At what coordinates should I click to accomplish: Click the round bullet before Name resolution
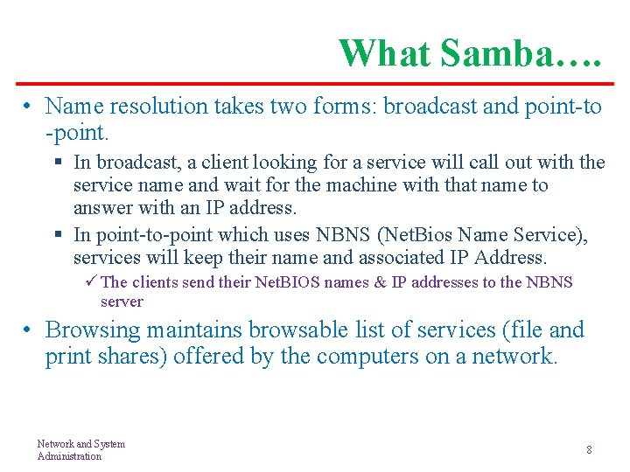tap(29, 107)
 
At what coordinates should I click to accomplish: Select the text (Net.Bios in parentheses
tap(410, 235)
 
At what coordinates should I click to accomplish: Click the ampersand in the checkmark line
tap(380, 282)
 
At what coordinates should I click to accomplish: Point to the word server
tap(122, 302)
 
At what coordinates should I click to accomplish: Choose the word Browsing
tap(93, 330)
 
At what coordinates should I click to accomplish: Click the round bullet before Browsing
tap(29, 330)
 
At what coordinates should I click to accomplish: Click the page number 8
tap(589, 449)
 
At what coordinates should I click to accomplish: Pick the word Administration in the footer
tap(69, 456)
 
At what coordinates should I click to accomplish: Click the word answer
tap(97, 208)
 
